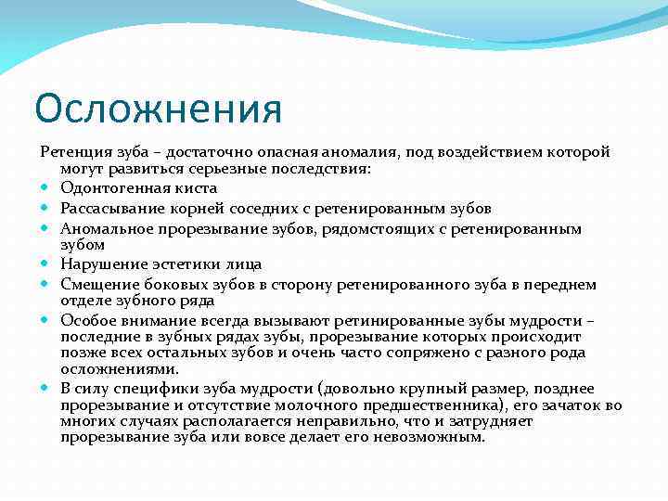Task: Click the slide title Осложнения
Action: pyautogui.click(x=157, y=109)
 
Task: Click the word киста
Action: pyautogui.click(x=193, y=188)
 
